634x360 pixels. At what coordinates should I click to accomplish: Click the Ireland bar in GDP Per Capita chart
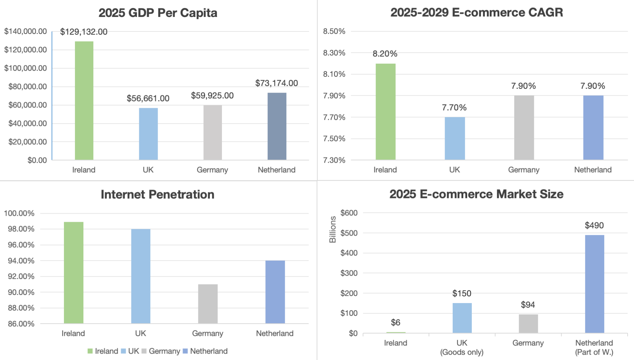pyautogui.click(x=84, y=101)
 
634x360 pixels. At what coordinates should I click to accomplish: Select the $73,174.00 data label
pyautogui.click(x=276, y=83)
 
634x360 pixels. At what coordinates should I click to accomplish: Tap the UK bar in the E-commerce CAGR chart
pyautogui.click(x=454, y=138)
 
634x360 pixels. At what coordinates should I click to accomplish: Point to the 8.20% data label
pyautogui.click(x=385, y=54)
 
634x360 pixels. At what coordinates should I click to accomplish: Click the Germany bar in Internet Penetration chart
pyautogui.click(x=208, y=304)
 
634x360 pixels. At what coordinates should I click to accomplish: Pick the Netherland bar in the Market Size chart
pyautogui.click(x=594, y=284)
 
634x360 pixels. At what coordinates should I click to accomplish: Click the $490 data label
pyautogui.click(x=594, y=225)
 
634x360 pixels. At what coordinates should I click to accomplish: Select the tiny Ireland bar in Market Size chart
pyautogui.click(x=395, y=332)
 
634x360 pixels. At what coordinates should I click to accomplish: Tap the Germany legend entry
pyautogui.click(x=164, y=351)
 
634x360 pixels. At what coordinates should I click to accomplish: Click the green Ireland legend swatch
pyautogui.click(x=90, y=351)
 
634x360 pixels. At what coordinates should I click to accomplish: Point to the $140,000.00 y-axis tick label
pyautogui.click(x=25, y=31)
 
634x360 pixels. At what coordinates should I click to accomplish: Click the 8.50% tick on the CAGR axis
pyautogui.click(x=334, y=31)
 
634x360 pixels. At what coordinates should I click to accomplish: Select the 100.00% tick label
pyautogui.click(x=19, y=213)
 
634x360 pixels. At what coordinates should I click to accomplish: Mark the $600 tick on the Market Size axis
pyautogui.click(x=349, y=213)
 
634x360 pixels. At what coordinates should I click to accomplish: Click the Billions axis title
pyautogui.click(x=333, y=230)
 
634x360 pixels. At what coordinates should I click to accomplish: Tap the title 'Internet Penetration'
pyautogui.click(x=157, y=194)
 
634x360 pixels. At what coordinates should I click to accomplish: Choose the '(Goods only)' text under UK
pyautogui.click(x=462, y=352)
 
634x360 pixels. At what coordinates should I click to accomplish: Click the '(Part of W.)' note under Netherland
pyautogui.click(x=594, y=352)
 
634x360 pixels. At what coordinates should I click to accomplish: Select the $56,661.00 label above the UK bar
pyautogui.click(x=148, y=98)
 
